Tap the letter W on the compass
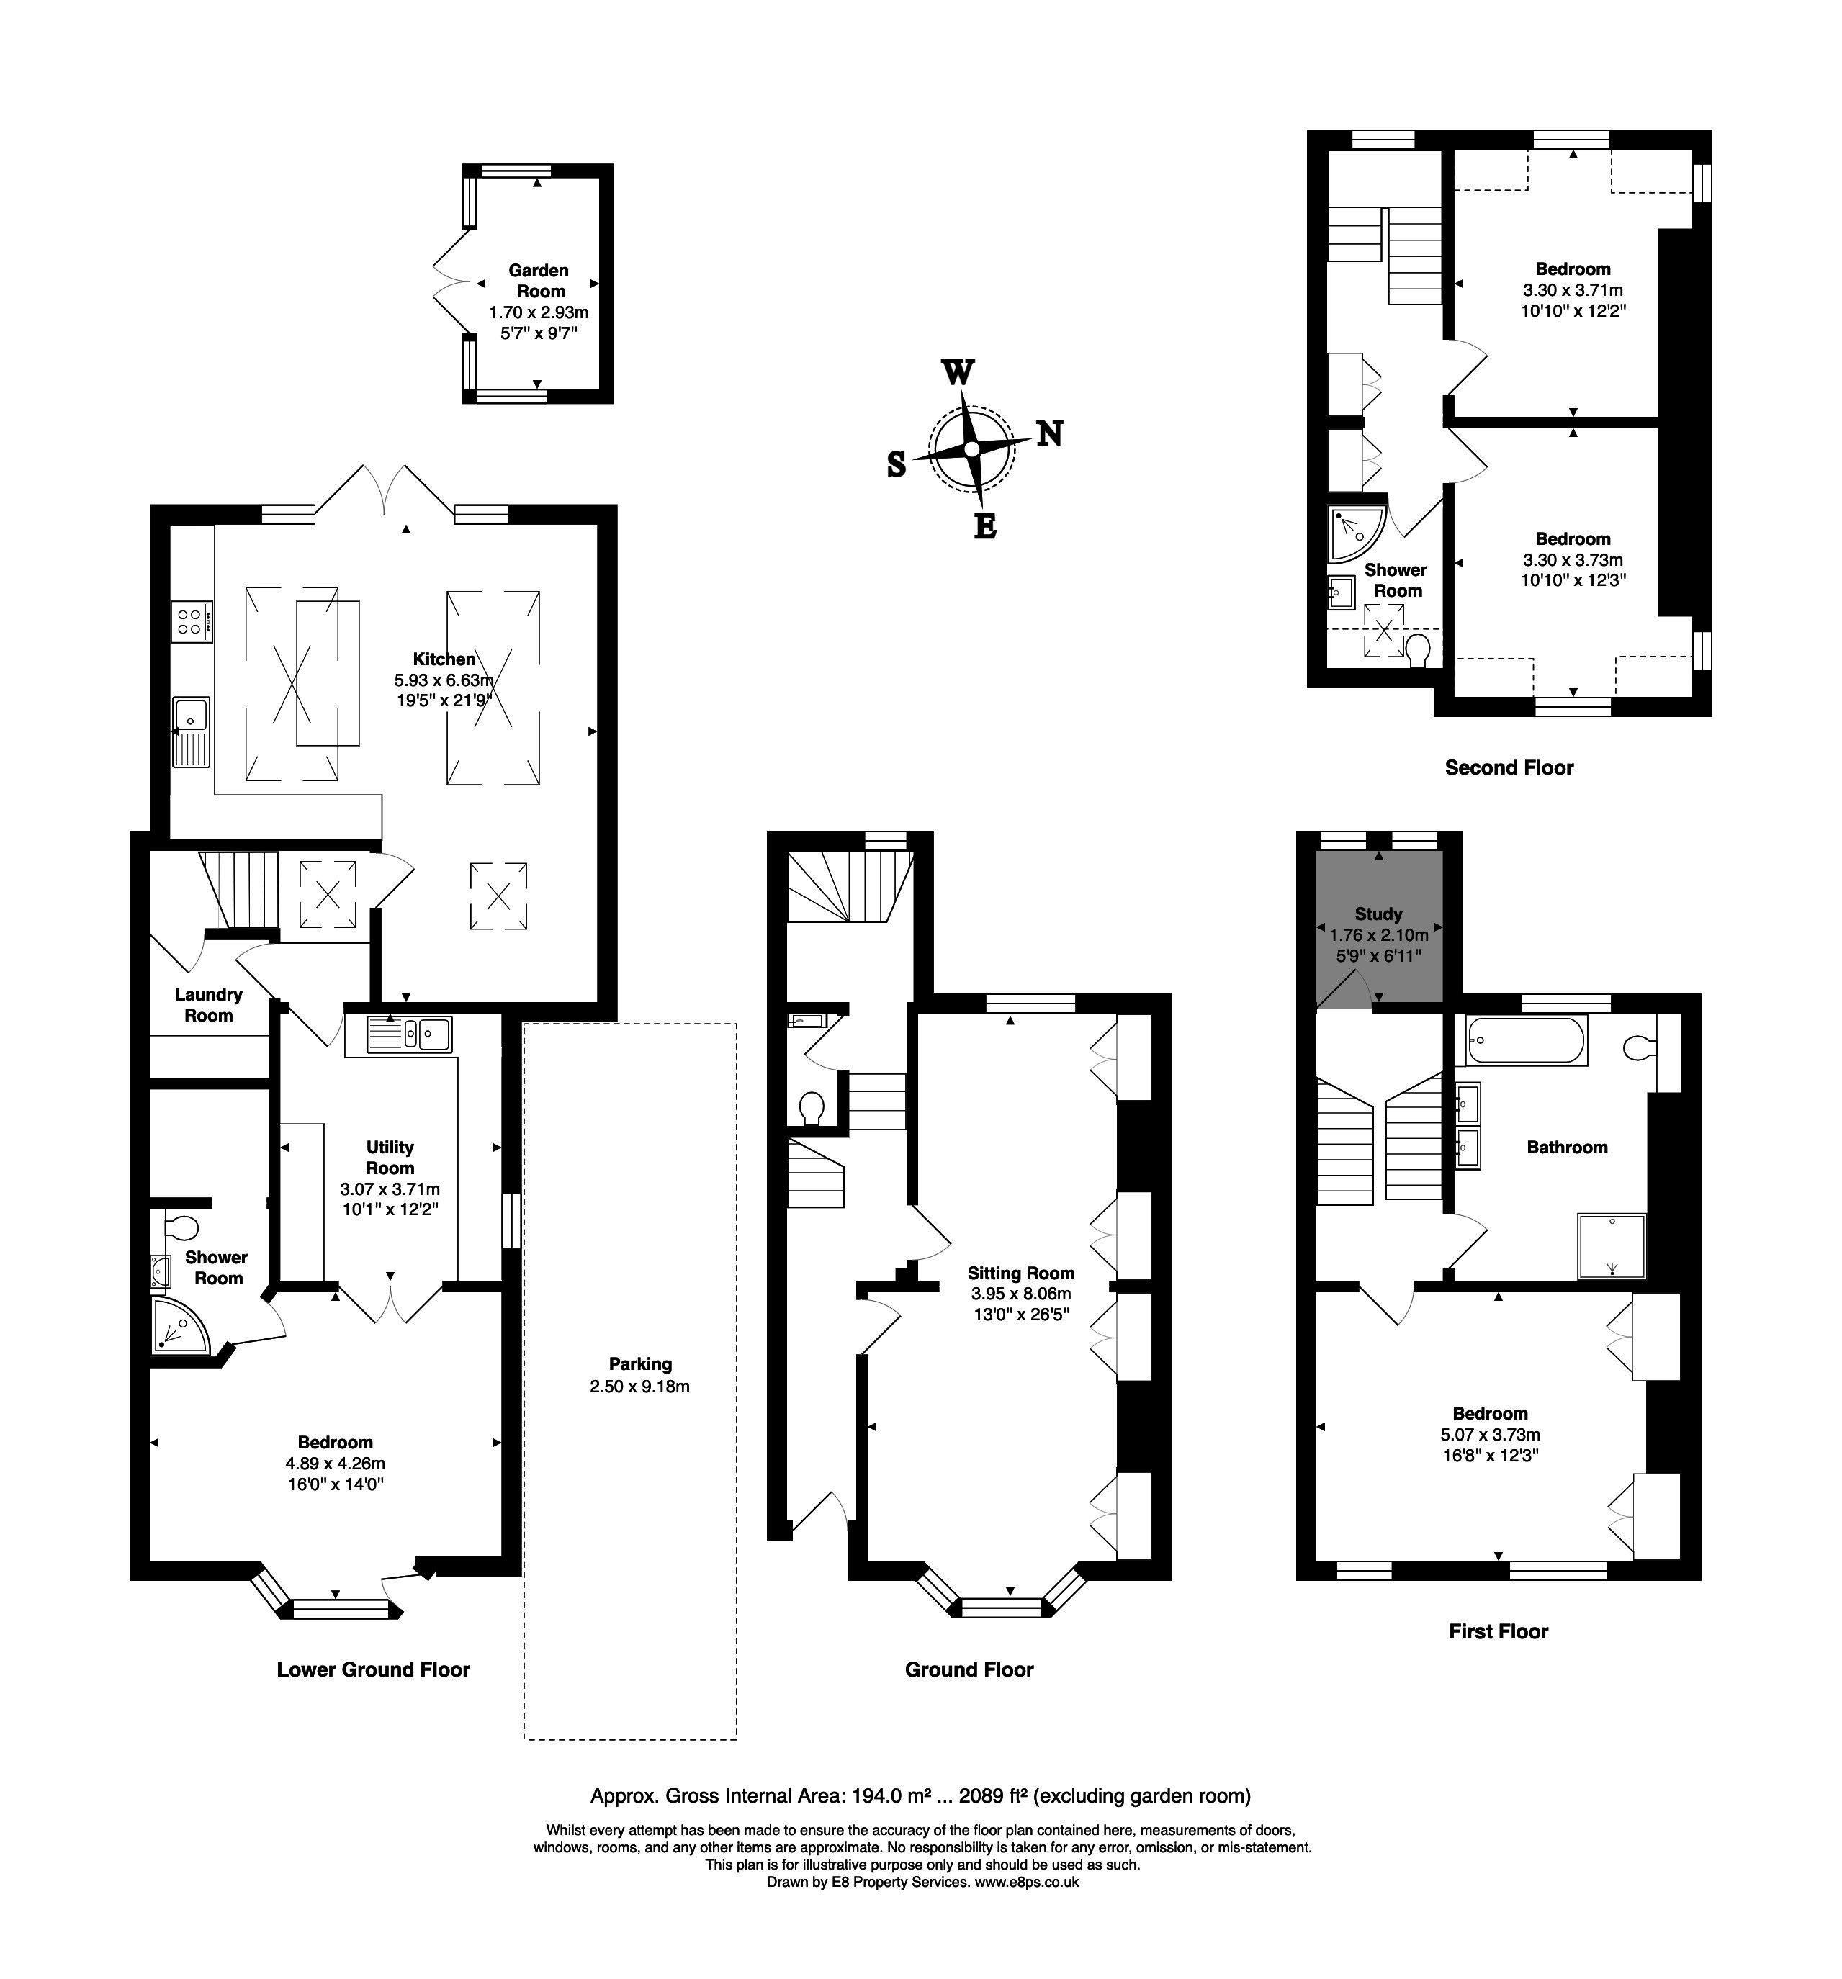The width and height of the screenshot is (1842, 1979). pyautogui.click(x=957, y=372)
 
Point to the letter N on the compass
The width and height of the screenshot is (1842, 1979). pyautogui.click(x=1049, y=434)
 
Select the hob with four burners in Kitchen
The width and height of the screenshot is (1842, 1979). pyautogui.click(x=191, y=621)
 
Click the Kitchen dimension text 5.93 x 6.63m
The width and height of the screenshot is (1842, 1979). pyautogui.click(x=444, y=680)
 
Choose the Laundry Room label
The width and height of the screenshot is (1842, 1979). pyautogui.click(x=208, y=1004)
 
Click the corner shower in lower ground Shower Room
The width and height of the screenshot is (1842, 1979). pyautogui.click(x=180, y=1323)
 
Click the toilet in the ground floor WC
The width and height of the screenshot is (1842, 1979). pyautogui.click(x=812, y=1108)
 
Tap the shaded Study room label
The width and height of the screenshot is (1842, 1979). pyautogui.click(x=1378, y=913)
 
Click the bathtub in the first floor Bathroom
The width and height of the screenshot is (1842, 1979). pyautogui.click(x=1525, y=1040)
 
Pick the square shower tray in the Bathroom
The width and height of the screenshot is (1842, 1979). pyautogui.click(x=1611, y=1246)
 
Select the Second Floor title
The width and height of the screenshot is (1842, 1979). pyautogui.click(x=1509, y=767)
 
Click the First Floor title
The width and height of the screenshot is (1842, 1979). pyautogui.click(x=1498, y=1631)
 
